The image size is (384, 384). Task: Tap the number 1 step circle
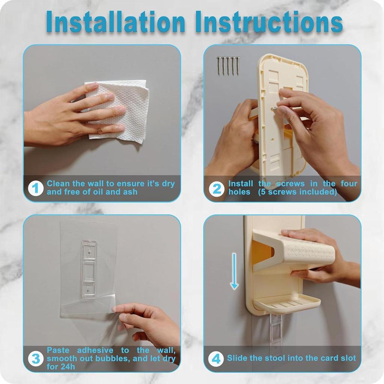click(36, 188)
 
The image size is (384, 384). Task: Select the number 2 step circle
click(216, 188)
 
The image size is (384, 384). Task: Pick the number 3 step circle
click(36, 359)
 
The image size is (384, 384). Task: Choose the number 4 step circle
click(216, 359)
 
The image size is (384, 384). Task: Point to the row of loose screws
click(228, 66)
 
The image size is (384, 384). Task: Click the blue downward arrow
click(234, 271)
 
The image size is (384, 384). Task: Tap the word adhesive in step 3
click(95, 350)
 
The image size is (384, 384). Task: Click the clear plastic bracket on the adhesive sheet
click(89, 269)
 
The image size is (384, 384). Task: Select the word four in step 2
click(349, 183)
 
